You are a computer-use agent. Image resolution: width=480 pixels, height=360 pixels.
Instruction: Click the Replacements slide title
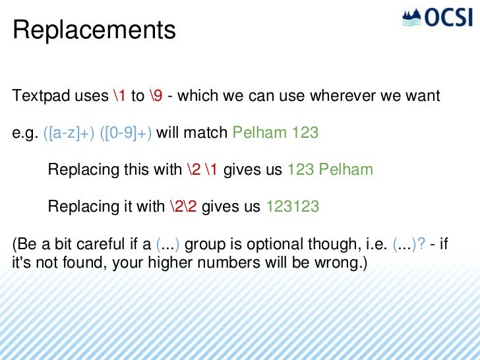pos(94,30)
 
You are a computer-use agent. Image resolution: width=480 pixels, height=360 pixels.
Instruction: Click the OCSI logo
pos(438,17)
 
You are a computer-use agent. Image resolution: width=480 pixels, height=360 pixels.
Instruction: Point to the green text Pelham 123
pos(276,133)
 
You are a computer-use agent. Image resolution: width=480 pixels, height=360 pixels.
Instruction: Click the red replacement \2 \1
pos(202,170)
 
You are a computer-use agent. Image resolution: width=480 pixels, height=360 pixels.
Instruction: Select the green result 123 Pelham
pos(330,170)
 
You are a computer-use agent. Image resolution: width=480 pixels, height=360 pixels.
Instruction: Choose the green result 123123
pos(293,207)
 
